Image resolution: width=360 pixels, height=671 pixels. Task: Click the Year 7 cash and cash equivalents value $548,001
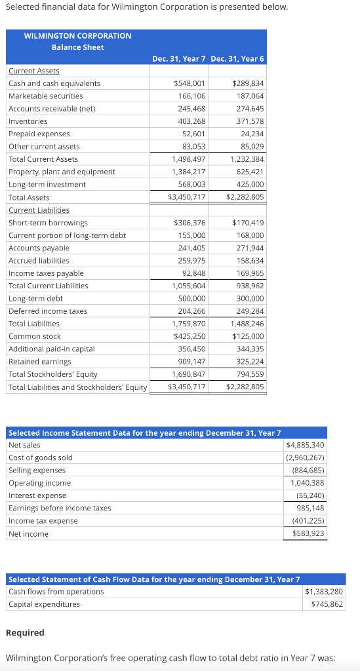(189, 83)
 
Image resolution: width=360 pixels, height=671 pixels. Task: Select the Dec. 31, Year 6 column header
(237, 58)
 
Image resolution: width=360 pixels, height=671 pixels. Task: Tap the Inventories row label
(28, 121)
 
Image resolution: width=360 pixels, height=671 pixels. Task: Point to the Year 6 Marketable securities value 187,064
(250, 96)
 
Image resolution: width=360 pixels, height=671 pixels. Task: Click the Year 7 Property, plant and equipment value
(189, 172)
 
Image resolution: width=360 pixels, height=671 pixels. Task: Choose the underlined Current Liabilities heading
(39, 210)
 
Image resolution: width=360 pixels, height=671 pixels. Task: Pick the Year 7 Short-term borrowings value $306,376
(189, 223)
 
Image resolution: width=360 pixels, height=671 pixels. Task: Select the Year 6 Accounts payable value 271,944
(250, 248)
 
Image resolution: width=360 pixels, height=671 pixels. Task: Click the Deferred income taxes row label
(47, 311)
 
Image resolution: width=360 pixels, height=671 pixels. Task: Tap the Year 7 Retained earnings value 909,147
(191, 362)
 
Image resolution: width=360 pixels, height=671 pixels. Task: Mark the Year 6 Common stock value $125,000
(248, 336)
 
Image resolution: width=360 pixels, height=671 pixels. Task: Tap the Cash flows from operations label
(56, 592)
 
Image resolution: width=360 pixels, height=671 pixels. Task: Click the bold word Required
(25, 632)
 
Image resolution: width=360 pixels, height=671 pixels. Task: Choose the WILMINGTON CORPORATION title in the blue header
(77, 35)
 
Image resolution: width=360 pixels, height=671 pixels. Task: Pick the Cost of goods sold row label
(40, 457)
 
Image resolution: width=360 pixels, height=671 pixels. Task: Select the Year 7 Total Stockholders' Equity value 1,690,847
(189, 374)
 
